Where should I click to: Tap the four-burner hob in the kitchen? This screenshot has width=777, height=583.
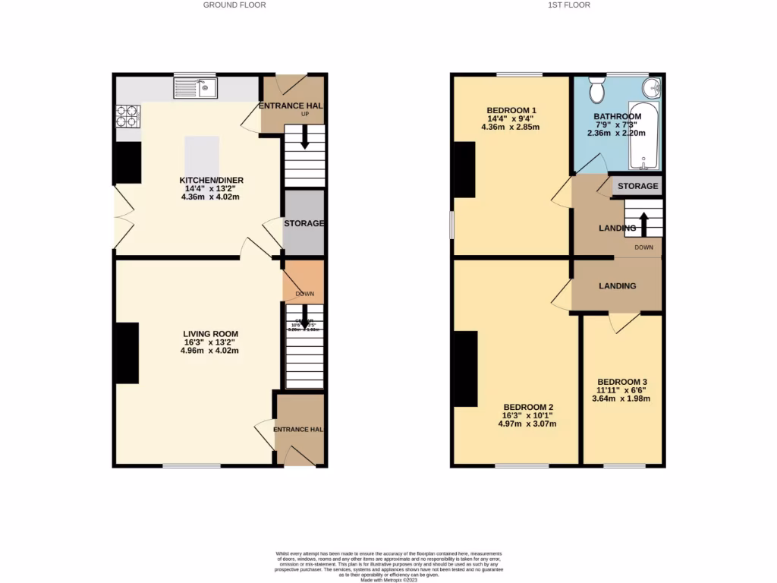point(127,115)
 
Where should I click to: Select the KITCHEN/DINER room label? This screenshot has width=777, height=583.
point(211,180)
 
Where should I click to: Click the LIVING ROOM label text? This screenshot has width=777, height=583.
point(211,333)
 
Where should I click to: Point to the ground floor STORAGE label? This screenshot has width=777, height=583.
point(304,224)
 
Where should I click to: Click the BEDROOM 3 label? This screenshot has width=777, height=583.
point(622,382)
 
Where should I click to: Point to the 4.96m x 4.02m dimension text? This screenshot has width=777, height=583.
point(211,351)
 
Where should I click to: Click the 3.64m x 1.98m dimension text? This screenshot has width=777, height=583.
point(622,399)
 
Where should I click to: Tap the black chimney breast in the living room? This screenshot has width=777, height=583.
point(127,353)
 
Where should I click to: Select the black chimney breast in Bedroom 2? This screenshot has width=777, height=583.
point(465,369)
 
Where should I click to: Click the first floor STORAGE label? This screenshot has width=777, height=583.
point(637,186)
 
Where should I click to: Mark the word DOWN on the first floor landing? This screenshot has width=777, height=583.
point(643,247)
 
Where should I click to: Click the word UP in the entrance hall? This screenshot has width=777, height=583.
point(305,115)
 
